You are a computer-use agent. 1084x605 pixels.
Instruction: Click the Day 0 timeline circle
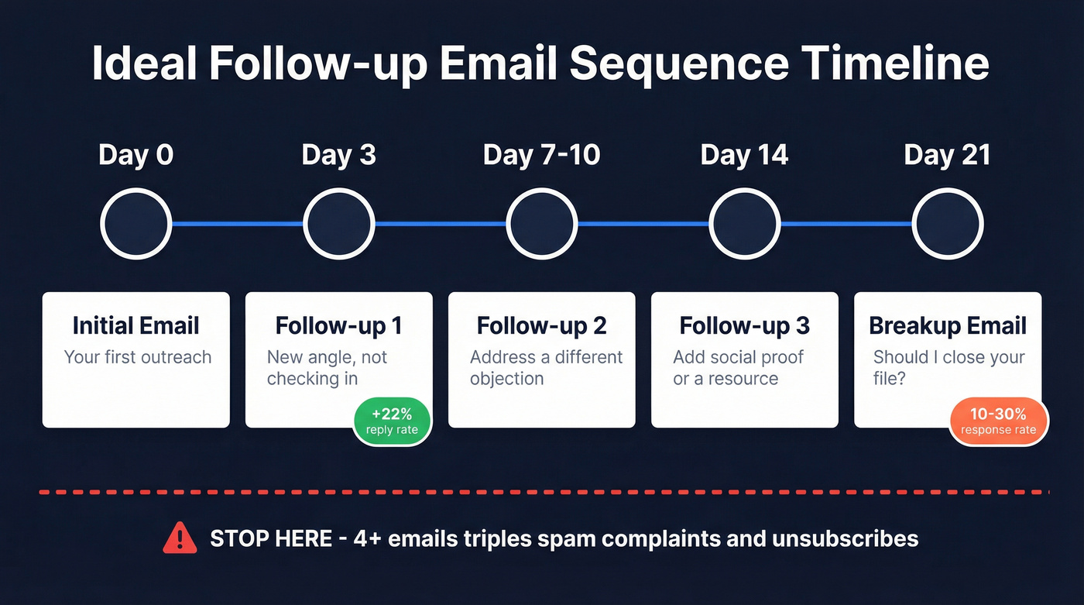pos(135,224)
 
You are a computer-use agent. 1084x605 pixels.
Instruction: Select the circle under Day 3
pos(338,224)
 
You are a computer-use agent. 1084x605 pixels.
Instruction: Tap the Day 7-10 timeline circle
pos(541,224)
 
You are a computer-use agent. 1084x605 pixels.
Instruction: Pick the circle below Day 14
pos(744,224)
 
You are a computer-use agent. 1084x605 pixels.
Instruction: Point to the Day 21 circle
pos(947,224)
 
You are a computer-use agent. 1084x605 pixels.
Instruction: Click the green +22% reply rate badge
pos(392,421)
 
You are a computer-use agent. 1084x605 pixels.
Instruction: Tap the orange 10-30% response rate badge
pos(997,421)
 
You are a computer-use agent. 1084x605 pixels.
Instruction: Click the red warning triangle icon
pos(180,538)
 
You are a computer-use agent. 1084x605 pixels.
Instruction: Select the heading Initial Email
pos(136,325)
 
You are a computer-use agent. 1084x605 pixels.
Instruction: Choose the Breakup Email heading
pos(948,325)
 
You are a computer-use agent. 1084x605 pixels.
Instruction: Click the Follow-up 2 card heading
pos(541,325)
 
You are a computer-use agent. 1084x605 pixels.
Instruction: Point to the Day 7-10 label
pos(541,155)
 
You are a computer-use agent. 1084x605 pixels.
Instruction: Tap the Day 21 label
pos(947,155)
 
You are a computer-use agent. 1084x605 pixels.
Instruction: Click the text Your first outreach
pos(137,357)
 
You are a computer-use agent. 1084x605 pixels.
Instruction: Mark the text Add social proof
pos(738,357)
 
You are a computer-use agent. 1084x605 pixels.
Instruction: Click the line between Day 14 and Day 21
pos(846,224)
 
